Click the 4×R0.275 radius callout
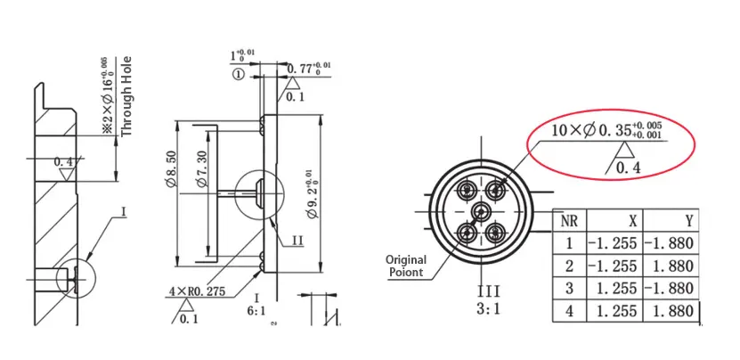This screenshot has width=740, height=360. point(198,290)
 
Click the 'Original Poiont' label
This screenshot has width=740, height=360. point(405,266)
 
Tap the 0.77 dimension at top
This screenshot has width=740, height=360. point(311,67)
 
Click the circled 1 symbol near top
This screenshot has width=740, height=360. point(239,77)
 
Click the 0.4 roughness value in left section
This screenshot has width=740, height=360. point(63,162)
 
